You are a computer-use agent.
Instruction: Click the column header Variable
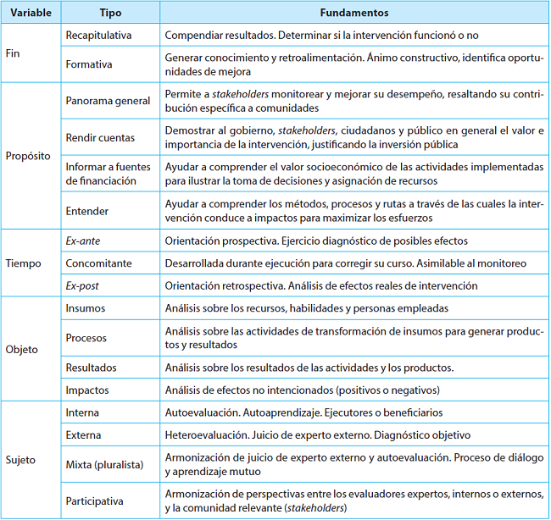click(29, 14)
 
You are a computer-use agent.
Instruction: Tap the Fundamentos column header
click(354, 14)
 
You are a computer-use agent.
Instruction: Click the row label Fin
click(14, 53)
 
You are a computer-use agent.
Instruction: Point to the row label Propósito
click(29, 156)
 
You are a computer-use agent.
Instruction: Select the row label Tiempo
click(24, 263)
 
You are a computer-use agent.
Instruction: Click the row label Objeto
click(23, 349)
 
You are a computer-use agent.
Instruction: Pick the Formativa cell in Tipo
click(89, 64)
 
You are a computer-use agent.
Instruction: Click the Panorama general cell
click(108, 101)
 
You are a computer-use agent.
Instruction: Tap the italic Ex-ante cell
click(83, 241)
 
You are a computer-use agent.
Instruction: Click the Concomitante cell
click(99, 263)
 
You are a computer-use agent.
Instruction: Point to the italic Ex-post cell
click(83, 286)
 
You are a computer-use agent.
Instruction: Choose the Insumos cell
click(86, 308)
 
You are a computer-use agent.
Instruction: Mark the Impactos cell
click(88, 390)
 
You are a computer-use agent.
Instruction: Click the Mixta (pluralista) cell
click(104, 464)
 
